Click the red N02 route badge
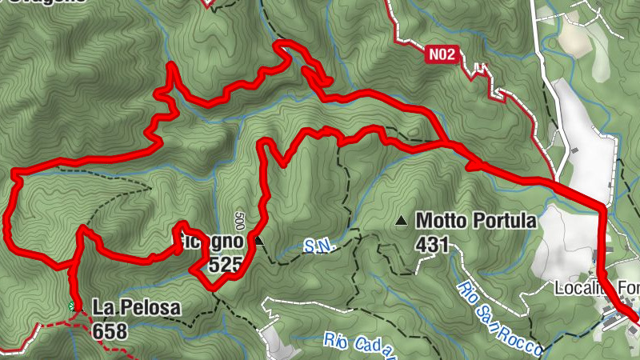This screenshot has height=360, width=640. point(441,54)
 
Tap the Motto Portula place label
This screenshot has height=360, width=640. point(476,221)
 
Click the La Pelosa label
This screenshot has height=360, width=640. point(136,307)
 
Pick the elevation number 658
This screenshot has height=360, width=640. point(109,329)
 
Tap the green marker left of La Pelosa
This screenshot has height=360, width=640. point(73,306)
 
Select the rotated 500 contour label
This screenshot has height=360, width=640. point(238,221)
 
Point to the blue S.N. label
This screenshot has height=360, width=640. point(318,247)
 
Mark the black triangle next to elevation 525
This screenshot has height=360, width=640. point(258,239)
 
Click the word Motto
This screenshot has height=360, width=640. point(441,221)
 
